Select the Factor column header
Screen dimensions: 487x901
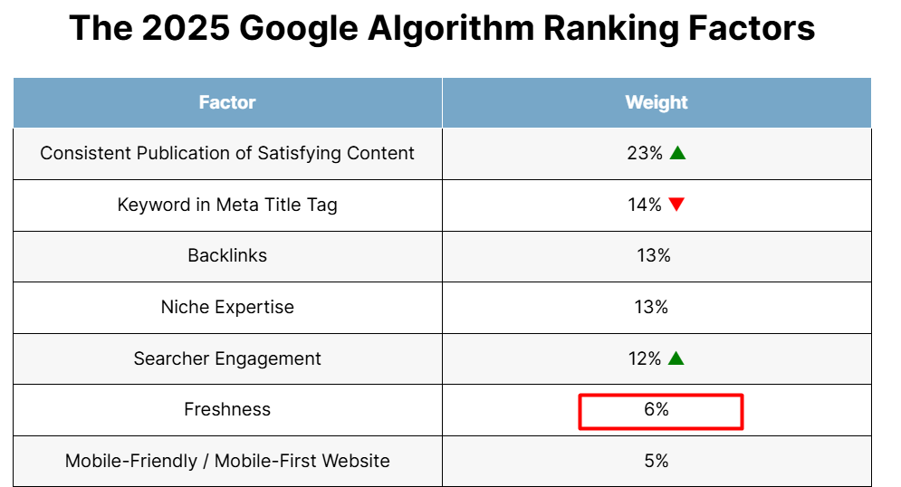[227, 102]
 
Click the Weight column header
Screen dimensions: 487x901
[657, 102]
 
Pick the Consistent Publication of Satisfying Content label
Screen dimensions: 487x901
[227, 153]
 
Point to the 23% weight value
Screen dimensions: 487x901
[645, 153]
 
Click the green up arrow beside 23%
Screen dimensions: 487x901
[677, 153]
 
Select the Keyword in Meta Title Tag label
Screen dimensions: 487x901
[227, 205]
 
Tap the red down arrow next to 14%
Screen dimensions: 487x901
[676, 205]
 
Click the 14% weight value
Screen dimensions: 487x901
[645, 205]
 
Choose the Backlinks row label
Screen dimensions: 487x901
[227, 255]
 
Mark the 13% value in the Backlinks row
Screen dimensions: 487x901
[654, 255]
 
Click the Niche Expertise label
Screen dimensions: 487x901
[227, 307]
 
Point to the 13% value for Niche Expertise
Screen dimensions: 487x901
[651, 307]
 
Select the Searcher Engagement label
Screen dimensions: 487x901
[227, 358]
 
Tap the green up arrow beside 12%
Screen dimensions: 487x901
[676, 358]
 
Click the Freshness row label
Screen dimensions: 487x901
[227, 409]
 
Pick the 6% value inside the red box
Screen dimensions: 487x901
[657, 410]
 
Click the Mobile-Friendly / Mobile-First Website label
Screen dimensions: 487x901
[227, 461]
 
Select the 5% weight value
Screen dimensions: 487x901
[657, 461]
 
